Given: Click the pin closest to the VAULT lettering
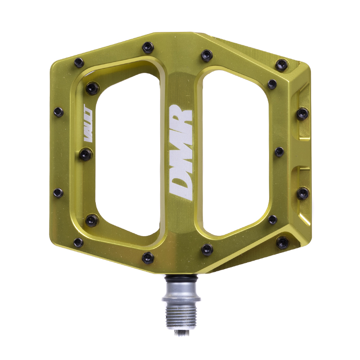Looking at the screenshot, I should click(x=85, y=154).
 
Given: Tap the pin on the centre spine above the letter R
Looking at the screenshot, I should click(x=148, y=47).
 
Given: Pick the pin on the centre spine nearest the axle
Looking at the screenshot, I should click(x=148, y=257).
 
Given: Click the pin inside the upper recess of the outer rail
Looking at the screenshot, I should click(x=303, y=113).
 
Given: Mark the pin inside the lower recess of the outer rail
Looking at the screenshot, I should click(x=303, y=193).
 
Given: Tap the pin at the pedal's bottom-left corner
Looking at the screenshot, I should click(x=79, y=243).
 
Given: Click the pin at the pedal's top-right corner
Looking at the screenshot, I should click(x=282, y=65).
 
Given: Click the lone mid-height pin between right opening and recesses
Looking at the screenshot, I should click(x=279, y=152).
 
